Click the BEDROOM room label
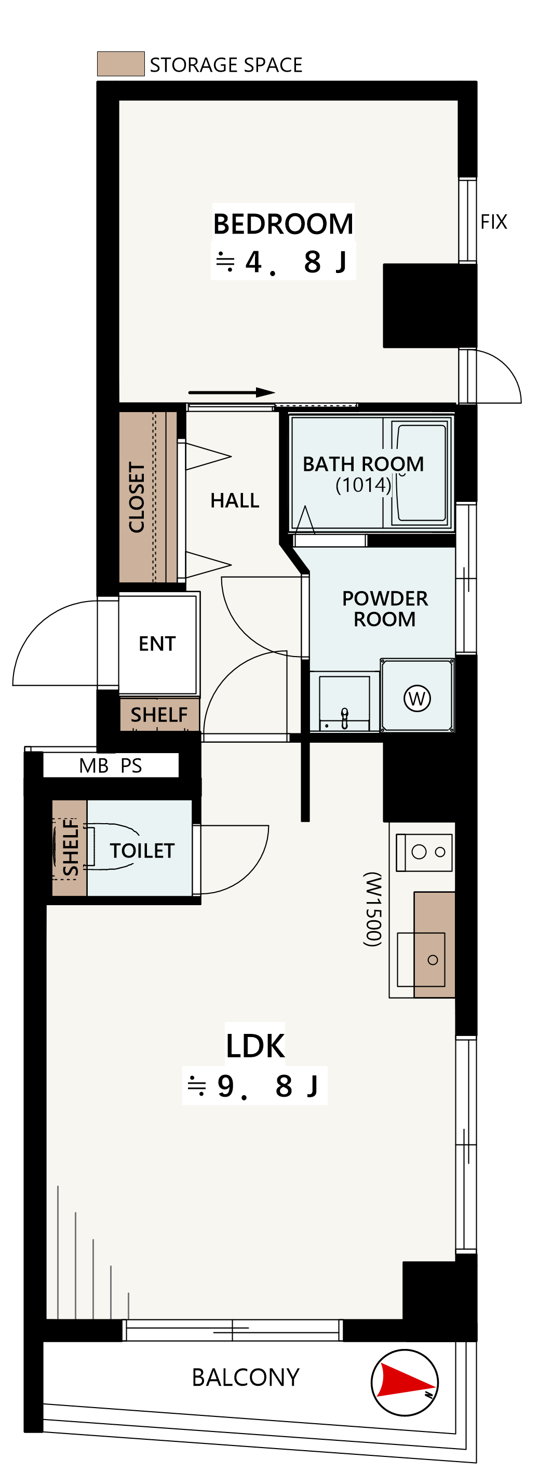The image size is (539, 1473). coord(283,224)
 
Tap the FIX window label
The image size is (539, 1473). coord(494,222)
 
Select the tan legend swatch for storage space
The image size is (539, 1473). coord(121,63)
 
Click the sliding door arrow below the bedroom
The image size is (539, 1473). coord(232,392)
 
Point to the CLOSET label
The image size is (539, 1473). coord(137,497)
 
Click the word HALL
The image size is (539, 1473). coord(235,500)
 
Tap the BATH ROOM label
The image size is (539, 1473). coord(363,463)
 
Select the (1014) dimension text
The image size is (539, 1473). coord(363,485)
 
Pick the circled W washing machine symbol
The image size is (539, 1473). coord(417,698)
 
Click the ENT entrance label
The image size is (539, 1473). coord(157,644)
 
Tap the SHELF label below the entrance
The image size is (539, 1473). coord(159,715)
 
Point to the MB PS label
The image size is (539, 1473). coord(111,766)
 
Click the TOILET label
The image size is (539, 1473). coord(142,851)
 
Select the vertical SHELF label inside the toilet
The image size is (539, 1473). coord(71,848)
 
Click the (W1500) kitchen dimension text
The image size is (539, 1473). coord(372,909)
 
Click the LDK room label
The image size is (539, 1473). coord(255,1046)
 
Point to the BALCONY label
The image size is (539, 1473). coord(246,1377)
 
